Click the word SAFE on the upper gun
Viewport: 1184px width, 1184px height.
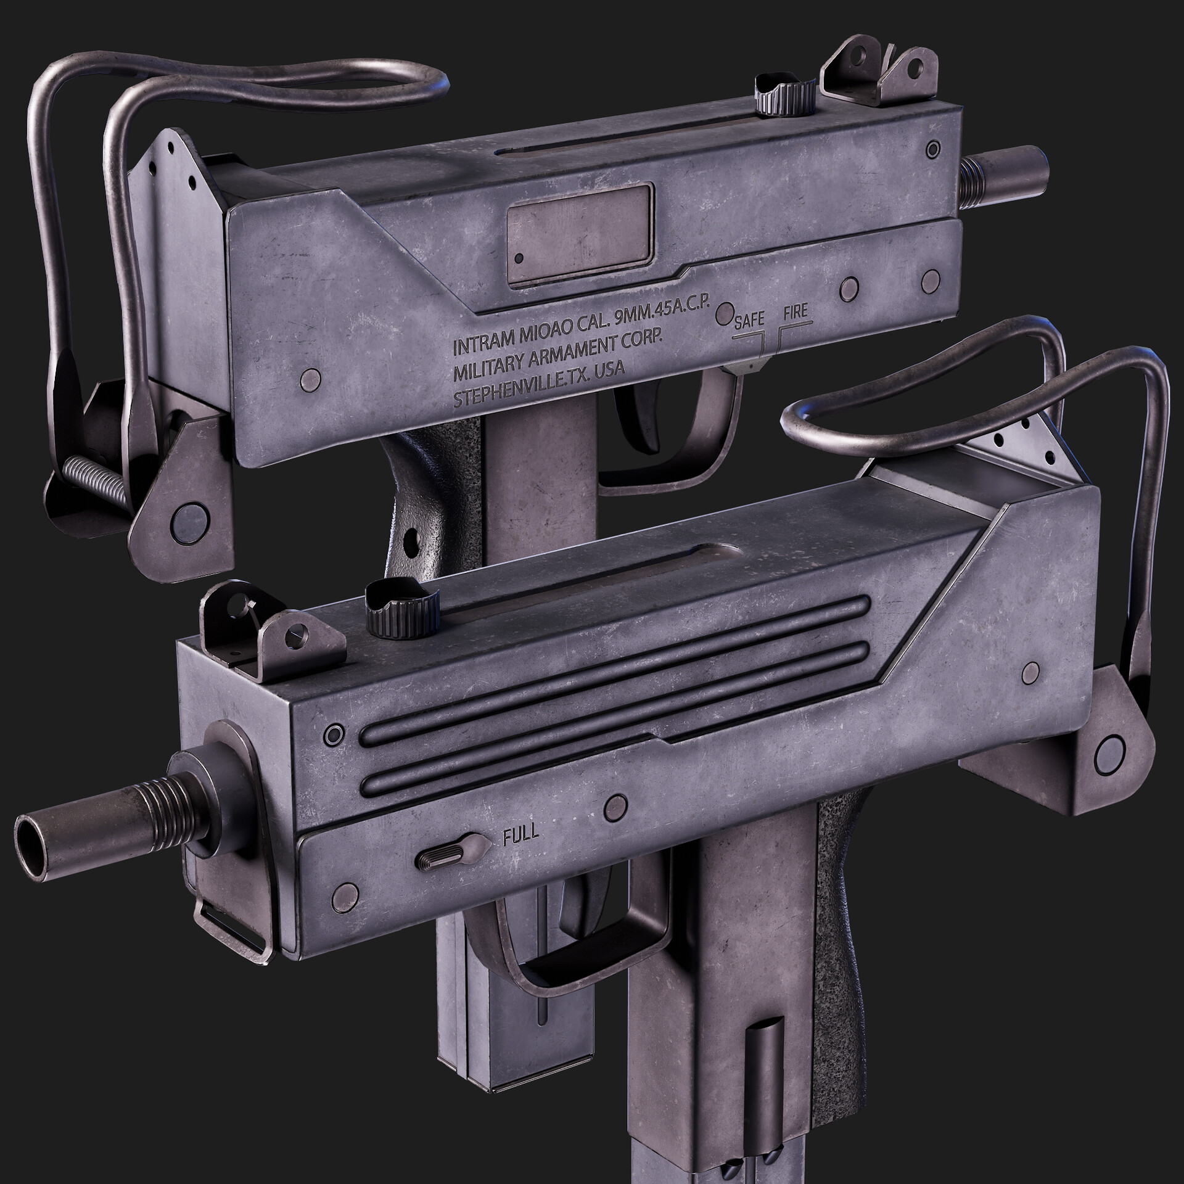pyautogui.click(x=749, y=319)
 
